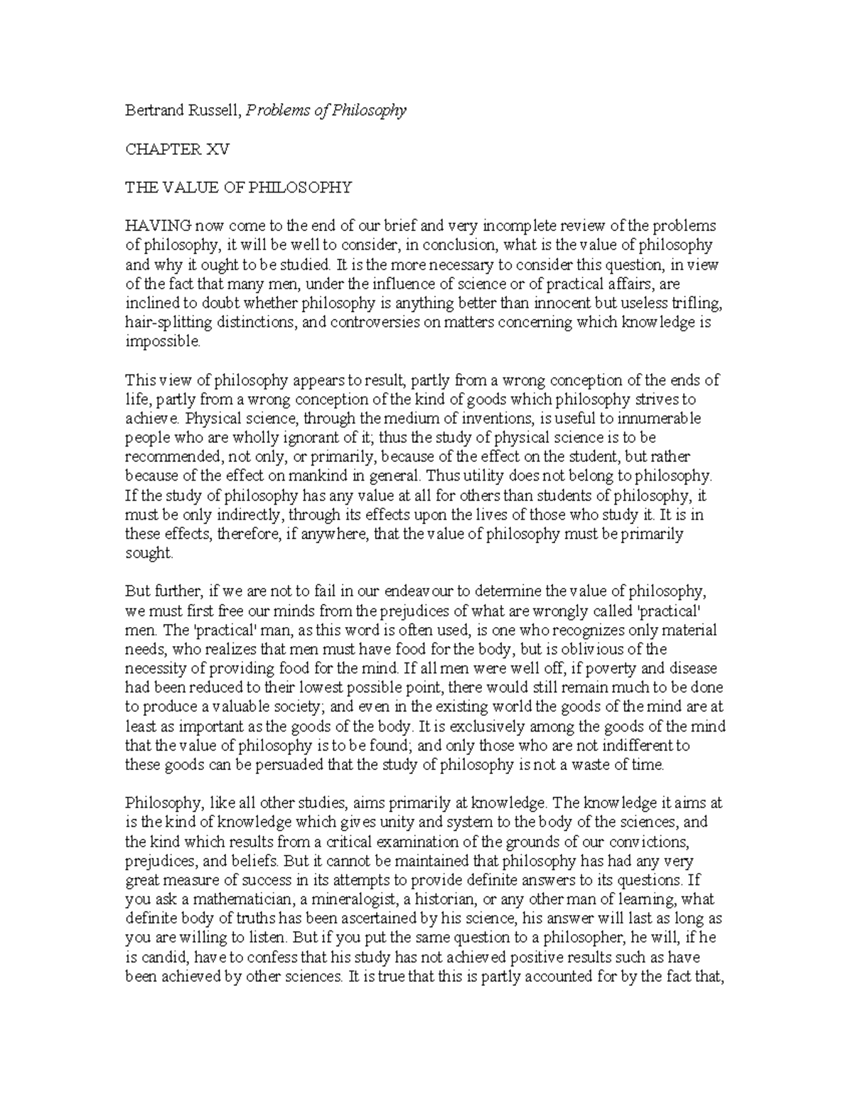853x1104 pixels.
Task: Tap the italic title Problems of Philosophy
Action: pyautogui.click(x=326, y=111)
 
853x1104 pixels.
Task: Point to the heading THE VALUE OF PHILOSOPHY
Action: pyautogui.click(x=238, y=188)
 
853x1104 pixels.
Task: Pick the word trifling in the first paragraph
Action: pyautogui.click(x=699, y=303)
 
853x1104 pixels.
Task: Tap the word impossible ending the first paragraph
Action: pyautogui.click(x=163, y=341)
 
